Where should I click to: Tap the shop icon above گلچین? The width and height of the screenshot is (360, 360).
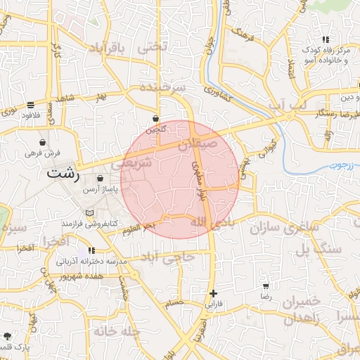click(x=155, y=119)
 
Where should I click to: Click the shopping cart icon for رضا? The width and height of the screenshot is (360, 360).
click(x=266, y=286)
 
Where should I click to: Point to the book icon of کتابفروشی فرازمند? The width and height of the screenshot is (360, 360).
click(x=89, y=213)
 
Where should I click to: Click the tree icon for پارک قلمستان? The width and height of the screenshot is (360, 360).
click(x=7, y=336)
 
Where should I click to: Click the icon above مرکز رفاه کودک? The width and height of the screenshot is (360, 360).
click(x=324, y=40)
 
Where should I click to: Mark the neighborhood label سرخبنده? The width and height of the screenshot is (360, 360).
click(x=162, y=87)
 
